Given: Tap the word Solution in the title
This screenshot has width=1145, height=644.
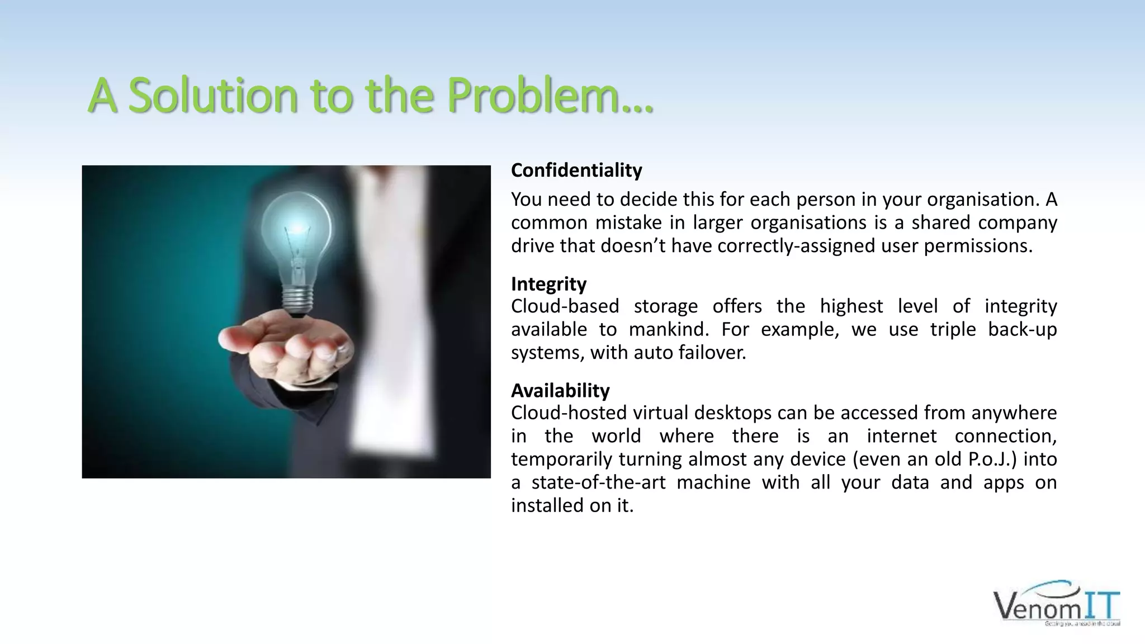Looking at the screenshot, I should (214, 94).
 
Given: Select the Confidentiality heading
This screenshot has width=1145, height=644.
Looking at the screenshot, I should (576, 170).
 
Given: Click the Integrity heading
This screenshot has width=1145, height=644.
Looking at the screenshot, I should (548, 284).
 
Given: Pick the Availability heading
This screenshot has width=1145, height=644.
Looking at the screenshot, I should (560, 390).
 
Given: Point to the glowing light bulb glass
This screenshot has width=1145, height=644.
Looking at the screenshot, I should (296, 229).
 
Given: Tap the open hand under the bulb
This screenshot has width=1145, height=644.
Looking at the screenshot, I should (285, 341).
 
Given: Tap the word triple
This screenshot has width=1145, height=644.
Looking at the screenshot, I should (953, 329).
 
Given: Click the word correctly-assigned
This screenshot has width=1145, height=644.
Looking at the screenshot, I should (796, 245).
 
